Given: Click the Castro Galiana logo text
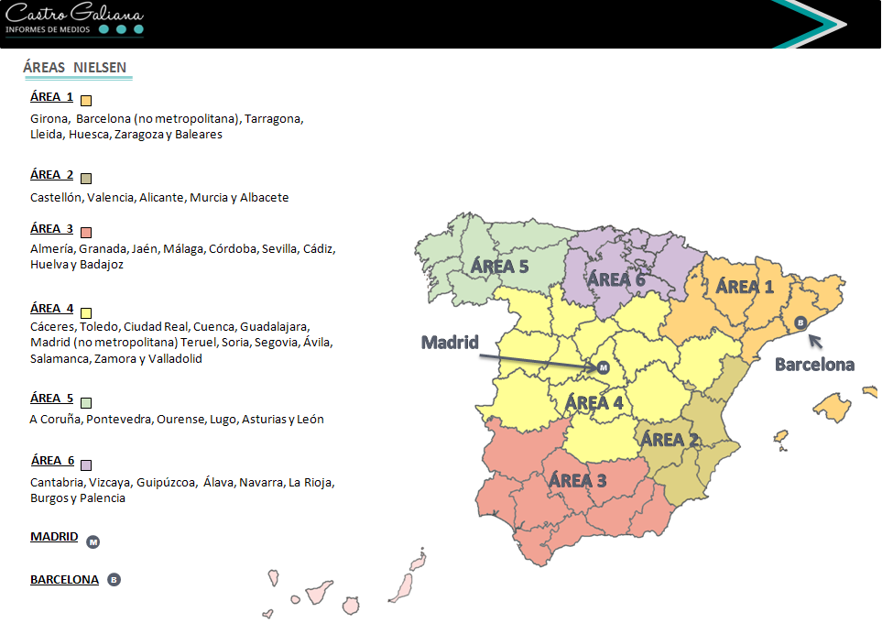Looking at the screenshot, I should point(74,15).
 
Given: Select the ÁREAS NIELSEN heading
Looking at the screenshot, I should point(74,68).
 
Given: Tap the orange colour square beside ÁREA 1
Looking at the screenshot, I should point(86,101).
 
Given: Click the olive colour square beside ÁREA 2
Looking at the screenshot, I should point(86,178).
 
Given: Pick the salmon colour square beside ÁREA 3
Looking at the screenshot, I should point(86,232).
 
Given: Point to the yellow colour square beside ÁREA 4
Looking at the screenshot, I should point(86,312).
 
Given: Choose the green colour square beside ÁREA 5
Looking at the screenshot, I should point(86,402).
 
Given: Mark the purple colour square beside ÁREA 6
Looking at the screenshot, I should point(86,465).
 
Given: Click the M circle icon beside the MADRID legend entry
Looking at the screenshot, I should point(93,542).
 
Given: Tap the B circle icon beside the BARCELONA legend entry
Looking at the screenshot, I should point(114,580).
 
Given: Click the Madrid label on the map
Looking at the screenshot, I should point(450,343).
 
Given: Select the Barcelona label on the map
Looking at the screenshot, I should point(814,365).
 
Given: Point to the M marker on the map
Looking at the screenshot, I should point(603,367).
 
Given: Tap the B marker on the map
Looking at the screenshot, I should point(800,322).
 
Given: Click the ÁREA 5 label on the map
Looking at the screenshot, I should point(499,267).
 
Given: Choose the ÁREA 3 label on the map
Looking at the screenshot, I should point(577,480).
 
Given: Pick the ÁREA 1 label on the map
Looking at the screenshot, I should point(745,287).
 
